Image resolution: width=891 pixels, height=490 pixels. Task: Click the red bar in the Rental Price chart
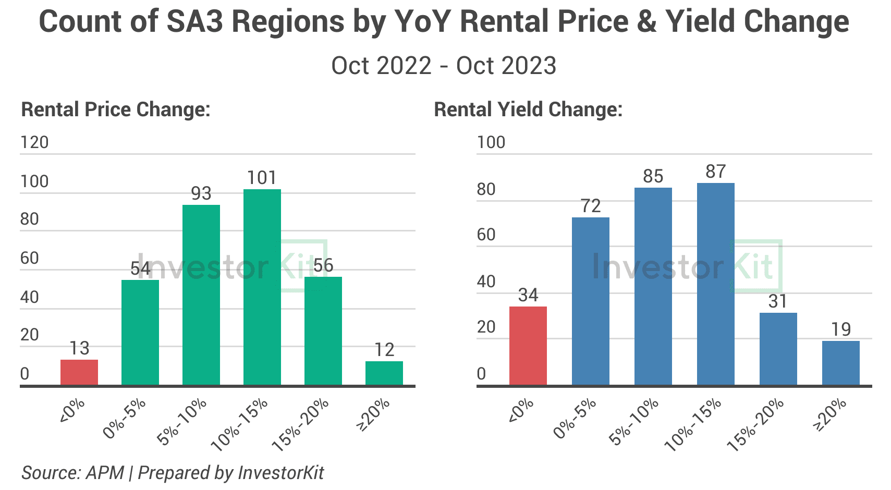(79, 372)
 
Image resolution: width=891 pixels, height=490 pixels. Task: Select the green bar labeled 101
(262, 287)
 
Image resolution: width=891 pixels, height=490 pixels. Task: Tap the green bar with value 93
(201, 295)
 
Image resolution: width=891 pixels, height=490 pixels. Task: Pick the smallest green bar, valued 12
(384, 373)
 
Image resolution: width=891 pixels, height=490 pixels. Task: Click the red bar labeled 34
(528, 346)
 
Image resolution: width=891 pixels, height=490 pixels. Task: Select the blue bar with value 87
(716, 284)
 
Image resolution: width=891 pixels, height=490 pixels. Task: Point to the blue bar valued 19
(841, 363)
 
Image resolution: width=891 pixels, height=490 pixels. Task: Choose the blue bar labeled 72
(591, 301)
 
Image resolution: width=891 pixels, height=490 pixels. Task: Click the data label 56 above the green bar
(323, 265)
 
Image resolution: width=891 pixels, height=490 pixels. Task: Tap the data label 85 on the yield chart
(653, 176)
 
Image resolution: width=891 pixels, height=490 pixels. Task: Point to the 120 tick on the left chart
(34, 142)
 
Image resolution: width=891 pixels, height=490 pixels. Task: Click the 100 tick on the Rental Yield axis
(491, 142)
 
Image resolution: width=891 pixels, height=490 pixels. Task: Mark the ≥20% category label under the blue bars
(829, 414)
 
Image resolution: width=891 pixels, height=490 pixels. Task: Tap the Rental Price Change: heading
(116, 109)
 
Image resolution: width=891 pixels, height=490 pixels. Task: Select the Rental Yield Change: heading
(528, 109)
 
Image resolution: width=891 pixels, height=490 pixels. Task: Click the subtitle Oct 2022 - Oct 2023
(444, 66)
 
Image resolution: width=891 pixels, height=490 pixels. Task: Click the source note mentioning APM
(173, 473)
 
